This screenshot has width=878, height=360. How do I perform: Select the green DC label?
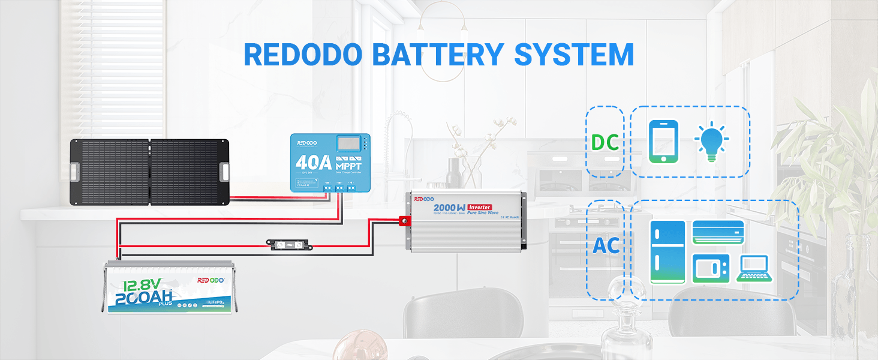(x=605, y=142)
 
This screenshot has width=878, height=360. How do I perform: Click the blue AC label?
(x=606, y=245)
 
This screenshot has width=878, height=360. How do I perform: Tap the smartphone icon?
(x=663, y=142)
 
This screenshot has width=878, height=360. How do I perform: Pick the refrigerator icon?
(x=667, y=251)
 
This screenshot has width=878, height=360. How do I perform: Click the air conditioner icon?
(x=718, y=232)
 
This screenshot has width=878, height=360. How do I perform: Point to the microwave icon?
(x=711, y=268)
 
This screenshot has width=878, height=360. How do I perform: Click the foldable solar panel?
(x=150, y=172)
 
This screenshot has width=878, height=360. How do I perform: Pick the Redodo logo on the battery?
(x=211, y=280)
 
